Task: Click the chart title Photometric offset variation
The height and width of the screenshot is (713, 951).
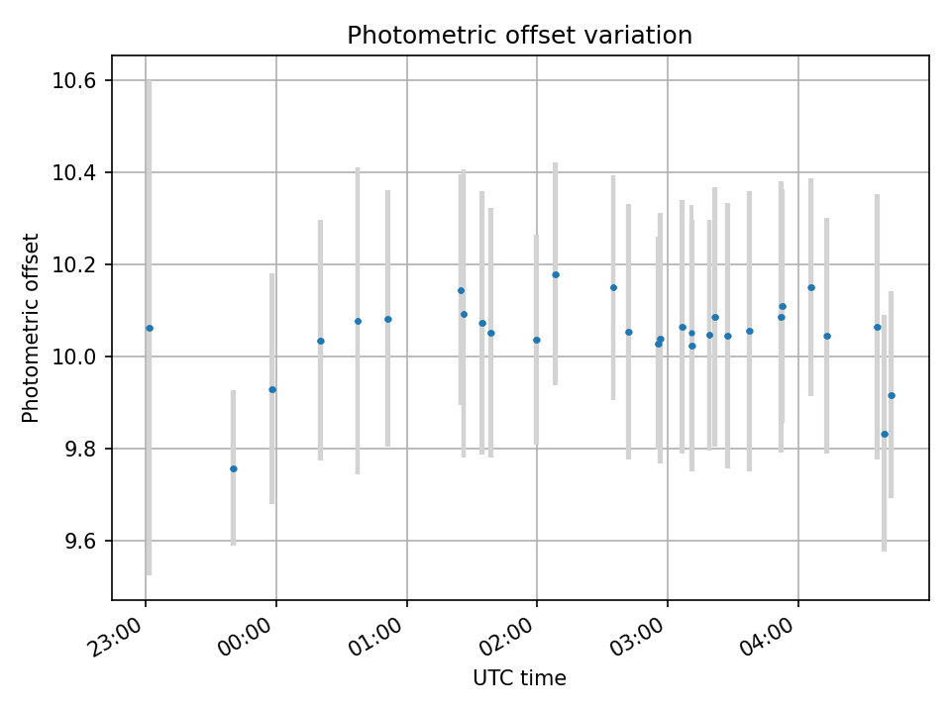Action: pyautogui.click(x=519, y=36)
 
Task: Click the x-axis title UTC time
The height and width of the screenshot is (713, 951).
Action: pyautogui.click(x=519, y=678)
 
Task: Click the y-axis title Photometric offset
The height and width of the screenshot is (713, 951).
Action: pyautogui.click(x=31, y=328)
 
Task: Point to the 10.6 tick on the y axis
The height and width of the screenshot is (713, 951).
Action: pyautogui.click(x=78, y=80)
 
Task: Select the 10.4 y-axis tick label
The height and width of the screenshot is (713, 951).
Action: pyautogui.click(x=78, y=172)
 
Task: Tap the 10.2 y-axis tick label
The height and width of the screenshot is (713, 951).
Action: pyautogui.click(x=78, y=264)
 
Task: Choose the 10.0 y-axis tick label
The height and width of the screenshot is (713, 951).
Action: pyautogui.click(x=78, y=356)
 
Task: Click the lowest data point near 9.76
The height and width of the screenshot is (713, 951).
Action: pyautogui.click(x=234, y=468)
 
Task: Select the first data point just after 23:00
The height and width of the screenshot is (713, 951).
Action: pyautogui.click(x=150, y=328)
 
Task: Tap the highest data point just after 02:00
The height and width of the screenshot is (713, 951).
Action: pyautogui.click(x=555, y=274)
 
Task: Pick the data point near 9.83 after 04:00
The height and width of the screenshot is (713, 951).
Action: pyautogui.click(x=885, y=434)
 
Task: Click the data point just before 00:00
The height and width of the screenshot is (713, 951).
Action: pyautogui.click(x=272, y=389)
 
